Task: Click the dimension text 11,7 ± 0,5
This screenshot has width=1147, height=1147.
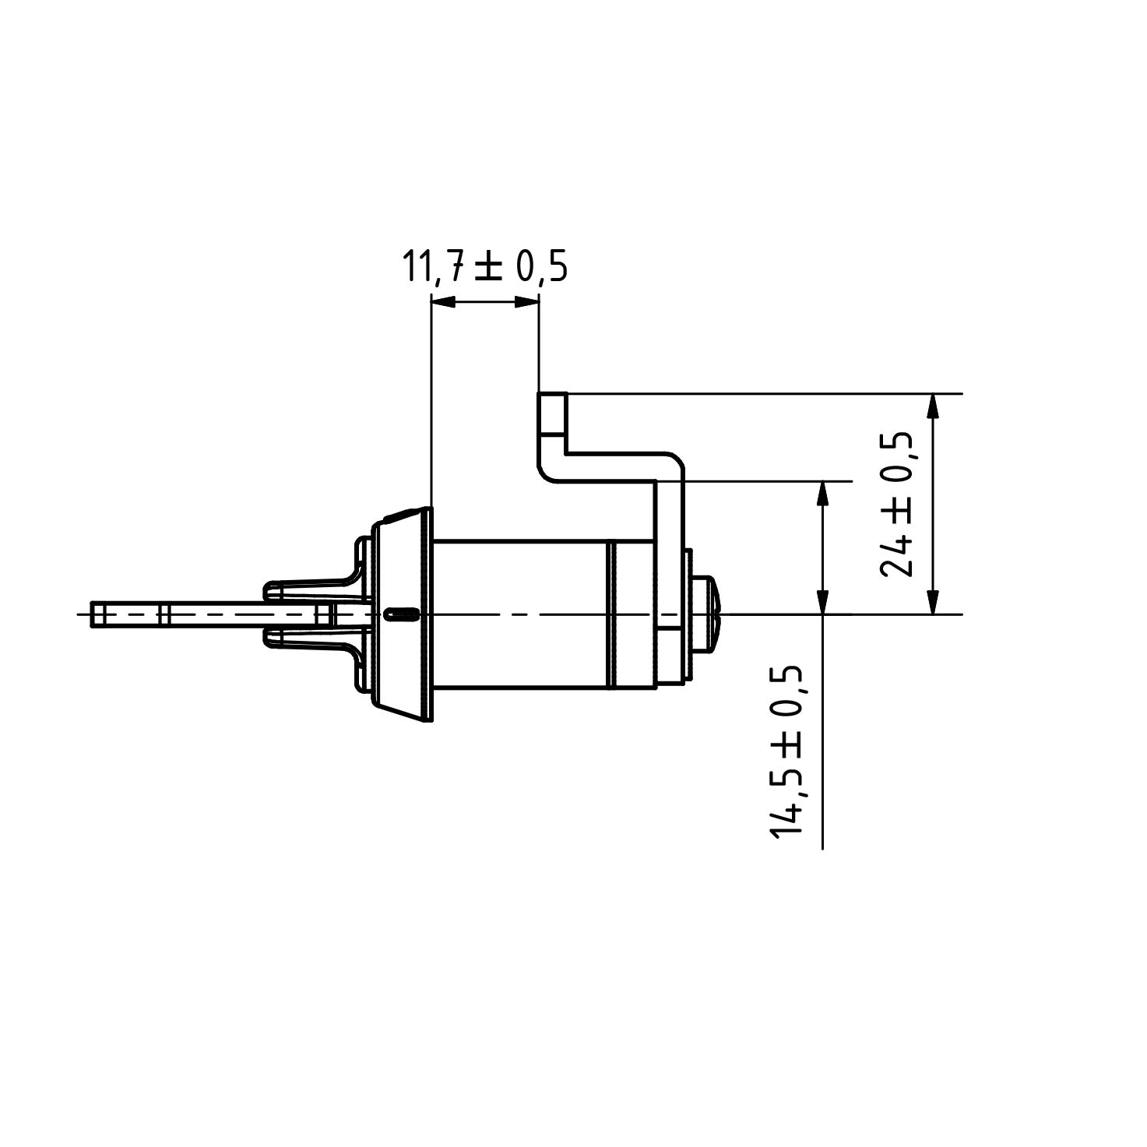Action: pos(484,267)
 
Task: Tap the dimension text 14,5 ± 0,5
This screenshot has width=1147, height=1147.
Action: pos(787,751)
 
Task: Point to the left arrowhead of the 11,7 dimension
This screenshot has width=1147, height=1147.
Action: pos(442,303)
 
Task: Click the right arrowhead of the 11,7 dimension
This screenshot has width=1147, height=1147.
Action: pos(527,303)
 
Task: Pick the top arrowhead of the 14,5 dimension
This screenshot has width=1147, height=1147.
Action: pos(822,494)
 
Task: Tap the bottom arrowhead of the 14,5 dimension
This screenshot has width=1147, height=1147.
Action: pos(822,602)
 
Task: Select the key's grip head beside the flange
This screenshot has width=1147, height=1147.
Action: pos(311,614)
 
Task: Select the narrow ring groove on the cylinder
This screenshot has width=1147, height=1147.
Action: pos(611,614)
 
